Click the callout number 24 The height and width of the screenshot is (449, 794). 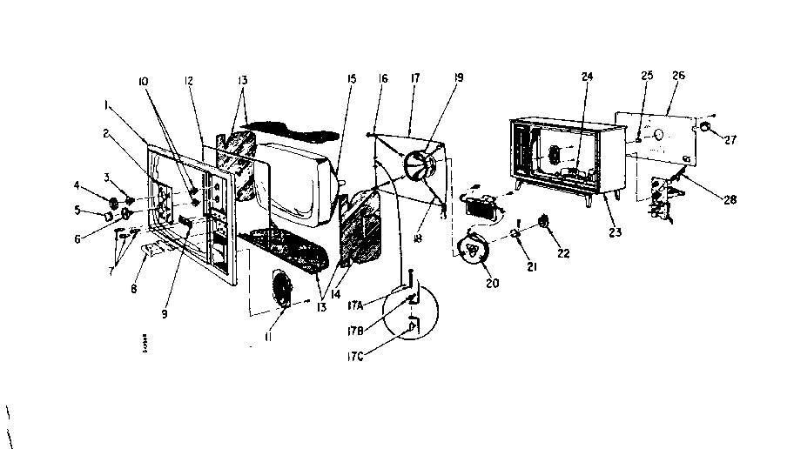point(587,77)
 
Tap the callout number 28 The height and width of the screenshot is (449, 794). point(730,199)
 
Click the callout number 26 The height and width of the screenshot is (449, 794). point(678,76)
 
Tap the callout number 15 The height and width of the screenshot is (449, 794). point(352,80)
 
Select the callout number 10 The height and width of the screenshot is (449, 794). point(142,81)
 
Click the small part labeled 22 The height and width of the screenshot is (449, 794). point(544,221)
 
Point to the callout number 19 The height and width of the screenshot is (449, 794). point(458,77)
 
